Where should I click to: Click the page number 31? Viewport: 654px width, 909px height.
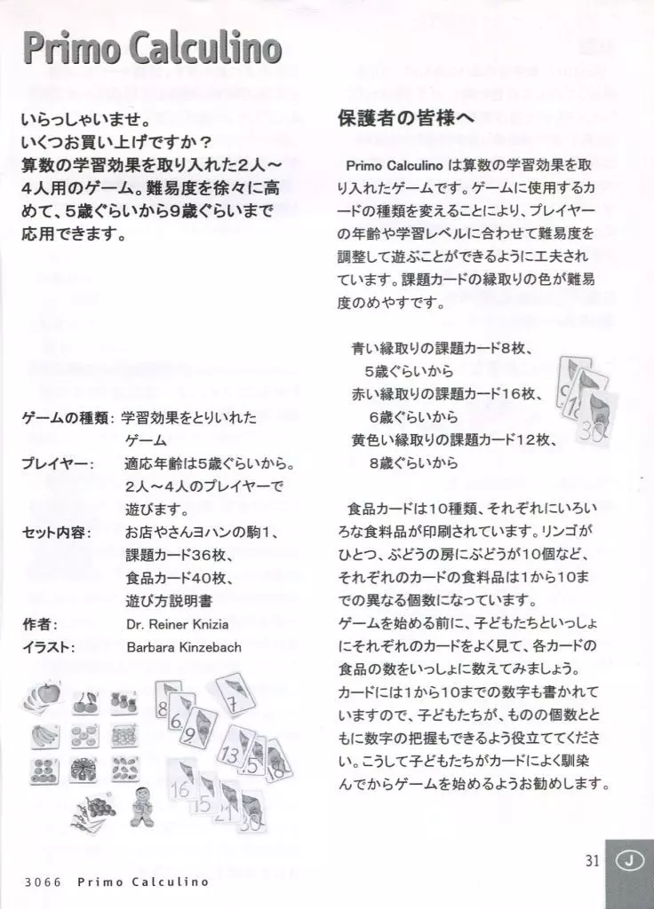[594, 858]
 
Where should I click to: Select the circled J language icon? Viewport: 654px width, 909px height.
[629, 860]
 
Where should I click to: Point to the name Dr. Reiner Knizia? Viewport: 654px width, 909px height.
[176, 623]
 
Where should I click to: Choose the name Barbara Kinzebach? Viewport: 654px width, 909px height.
[184, 647]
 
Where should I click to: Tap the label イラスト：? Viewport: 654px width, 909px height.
[48, 647]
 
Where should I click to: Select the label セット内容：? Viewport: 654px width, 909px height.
[57, 532]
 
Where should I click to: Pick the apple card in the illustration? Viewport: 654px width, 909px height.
[44, 698]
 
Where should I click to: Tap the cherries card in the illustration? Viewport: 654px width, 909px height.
[84, 700]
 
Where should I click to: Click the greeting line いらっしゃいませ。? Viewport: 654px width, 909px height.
[85, 118]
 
